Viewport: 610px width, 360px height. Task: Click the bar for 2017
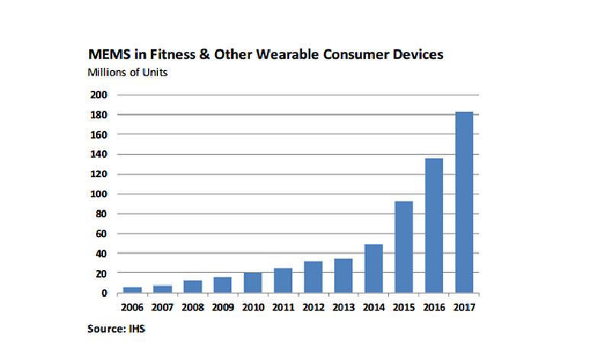(464, 202)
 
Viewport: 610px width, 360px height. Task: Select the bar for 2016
(434, 225)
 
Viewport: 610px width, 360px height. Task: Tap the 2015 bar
(404, 247)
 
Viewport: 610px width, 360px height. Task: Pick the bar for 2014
(374, 268)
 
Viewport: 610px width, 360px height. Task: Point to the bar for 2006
(132, 290)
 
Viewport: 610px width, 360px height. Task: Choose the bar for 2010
(253, 282)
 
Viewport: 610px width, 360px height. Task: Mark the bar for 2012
(313, 277)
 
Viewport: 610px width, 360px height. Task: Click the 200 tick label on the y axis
(99, 95)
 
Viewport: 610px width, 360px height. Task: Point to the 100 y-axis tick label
(99, 194)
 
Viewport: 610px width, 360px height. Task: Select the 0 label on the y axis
(104, 293)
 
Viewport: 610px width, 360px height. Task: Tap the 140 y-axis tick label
(99, 154)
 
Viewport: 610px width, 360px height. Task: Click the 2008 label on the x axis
(193, 307)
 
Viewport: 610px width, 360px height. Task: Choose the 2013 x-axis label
(344, 307)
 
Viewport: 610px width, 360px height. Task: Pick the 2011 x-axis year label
(283, 307)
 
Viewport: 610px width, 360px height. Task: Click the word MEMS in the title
(109, 54)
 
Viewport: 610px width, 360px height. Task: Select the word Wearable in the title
(287, 54)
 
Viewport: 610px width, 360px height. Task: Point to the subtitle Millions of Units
(127, 72)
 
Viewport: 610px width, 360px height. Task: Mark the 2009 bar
(223, 285)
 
